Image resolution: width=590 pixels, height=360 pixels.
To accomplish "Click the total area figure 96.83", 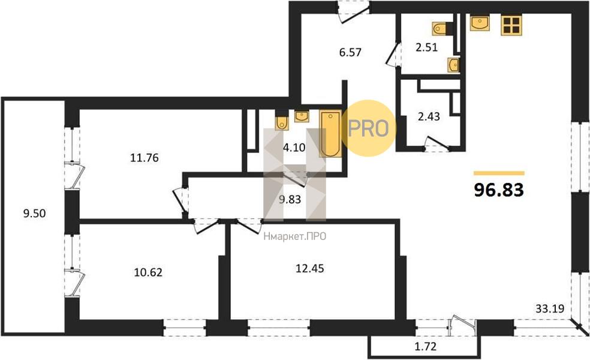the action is [499, 190].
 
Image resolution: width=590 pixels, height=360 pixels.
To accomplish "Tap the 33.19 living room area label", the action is [550, 309].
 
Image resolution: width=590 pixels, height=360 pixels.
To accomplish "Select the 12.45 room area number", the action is [309, 268].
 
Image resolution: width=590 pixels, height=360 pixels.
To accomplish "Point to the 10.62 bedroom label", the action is [148, 272].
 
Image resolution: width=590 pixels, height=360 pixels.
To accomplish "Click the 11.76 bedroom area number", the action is [145, 158].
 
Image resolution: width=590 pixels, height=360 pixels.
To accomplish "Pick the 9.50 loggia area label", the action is [34, 214].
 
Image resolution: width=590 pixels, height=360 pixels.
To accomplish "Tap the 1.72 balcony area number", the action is [426, 346].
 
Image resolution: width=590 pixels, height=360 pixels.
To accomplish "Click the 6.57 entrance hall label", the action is [350, 52].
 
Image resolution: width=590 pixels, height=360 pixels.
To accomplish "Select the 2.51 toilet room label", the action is [426, 47].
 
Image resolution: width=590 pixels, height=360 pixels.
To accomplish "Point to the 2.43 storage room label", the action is [429, 117].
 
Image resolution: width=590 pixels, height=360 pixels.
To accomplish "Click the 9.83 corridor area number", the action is [290, 199].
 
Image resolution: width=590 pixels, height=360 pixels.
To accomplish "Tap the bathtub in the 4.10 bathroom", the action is [331, 133].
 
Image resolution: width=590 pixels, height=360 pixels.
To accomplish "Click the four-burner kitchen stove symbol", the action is [511, 26].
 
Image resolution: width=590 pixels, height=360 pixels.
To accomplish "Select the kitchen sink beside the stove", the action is [480, 23].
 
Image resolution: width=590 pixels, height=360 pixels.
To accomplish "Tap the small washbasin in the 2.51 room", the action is [454, 65].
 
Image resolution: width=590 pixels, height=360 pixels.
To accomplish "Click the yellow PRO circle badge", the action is [368, 128].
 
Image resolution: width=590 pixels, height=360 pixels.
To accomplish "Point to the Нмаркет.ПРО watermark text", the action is [295, 236].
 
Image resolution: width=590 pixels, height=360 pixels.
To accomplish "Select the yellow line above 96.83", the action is [499, 173].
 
